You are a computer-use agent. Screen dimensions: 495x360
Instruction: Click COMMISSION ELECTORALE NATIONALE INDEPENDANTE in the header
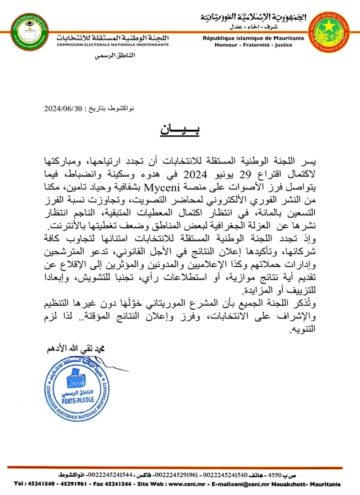[x=112, y=45]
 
